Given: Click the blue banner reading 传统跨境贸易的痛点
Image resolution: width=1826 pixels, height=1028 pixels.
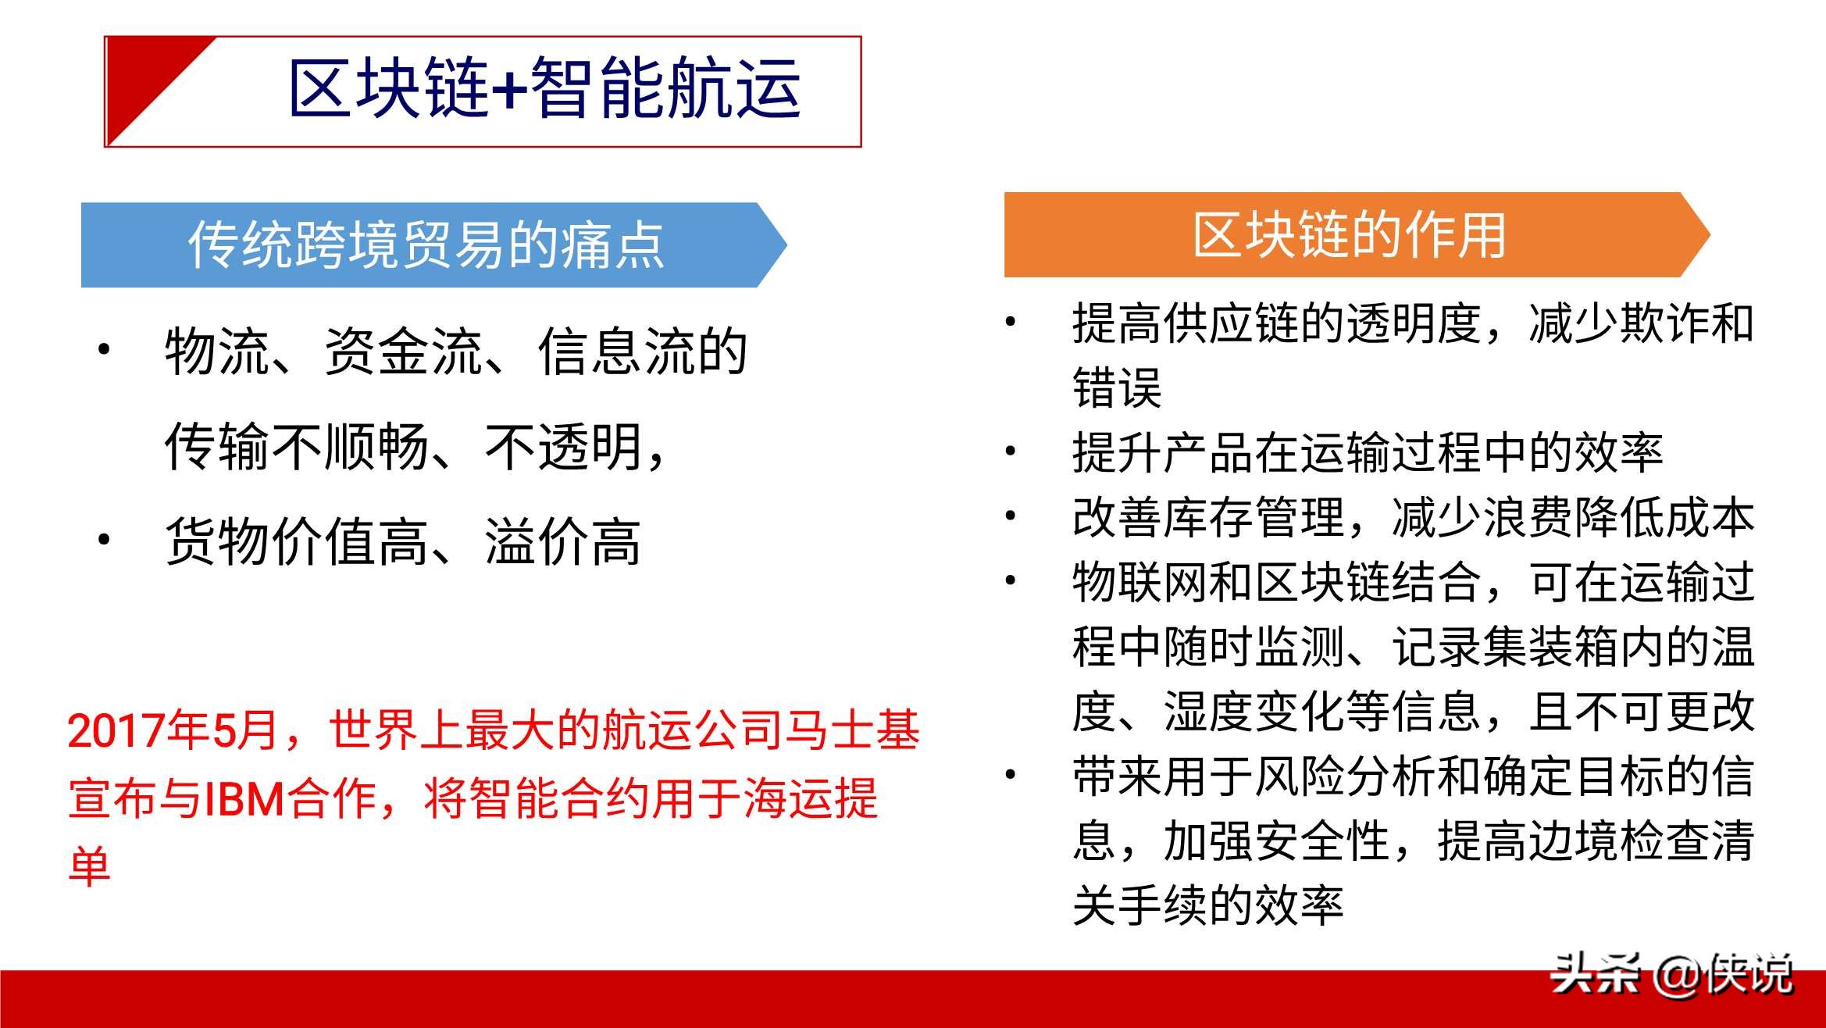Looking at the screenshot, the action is (x=433, y=245).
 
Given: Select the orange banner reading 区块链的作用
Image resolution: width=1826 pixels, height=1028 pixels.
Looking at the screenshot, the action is (x=1357, y=234).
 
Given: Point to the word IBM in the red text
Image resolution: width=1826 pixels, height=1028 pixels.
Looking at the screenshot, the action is (x=244, y=799).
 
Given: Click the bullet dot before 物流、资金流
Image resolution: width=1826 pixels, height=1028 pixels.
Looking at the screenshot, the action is (x=104, y=349).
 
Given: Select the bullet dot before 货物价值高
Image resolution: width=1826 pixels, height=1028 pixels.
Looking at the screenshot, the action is (x=104, y=539).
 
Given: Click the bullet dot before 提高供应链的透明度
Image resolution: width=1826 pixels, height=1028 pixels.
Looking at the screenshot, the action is (x=1011, y=321).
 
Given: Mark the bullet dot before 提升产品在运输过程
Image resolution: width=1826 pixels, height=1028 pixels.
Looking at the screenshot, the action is (x=1011, y=450).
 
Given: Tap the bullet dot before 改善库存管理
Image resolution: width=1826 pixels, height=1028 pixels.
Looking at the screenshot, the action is (x=1011, y=515).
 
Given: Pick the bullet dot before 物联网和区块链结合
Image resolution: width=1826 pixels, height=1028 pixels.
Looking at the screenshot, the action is (x=1011, y=580).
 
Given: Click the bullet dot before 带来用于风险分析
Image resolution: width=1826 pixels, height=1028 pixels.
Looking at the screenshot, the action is (x=1011, y=774).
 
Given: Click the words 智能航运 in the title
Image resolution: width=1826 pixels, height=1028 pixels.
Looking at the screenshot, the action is (x=665, y=88).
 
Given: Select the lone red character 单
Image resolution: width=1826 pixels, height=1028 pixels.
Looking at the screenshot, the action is (x=90, y=866).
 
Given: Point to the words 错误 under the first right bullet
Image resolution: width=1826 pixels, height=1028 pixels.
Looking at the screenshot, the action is (x=1118, y=387).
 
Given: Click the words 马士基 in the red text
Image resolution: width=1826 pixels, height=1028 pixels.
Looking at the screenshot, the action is (x=852, y=730).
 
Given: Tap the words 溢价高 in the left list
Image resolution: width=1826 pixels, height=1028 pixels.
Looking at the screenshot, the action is (x=562, y=541).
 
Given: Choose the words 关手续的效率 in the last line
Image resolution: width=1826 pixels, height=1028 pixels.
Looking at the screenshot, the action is (x=1207, y=905).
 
